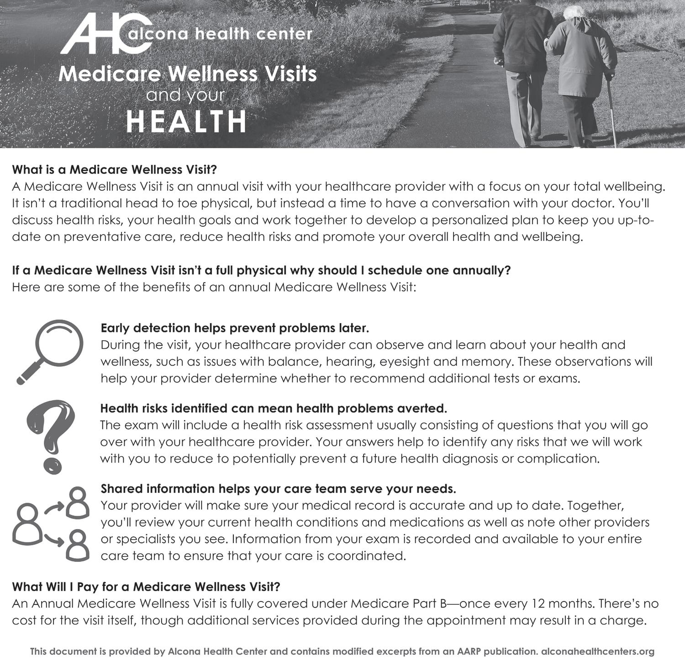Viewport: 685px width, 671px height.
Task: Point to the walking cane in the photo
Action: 611,110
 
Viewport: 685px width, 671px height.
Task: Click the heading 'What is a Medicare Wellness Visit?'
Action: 114,170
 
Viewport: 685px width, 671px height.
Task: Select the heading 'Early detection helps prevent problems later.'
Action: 235,328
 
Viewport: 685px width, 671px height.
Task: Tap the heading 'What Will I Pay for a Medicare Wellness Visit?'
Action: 146,587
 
